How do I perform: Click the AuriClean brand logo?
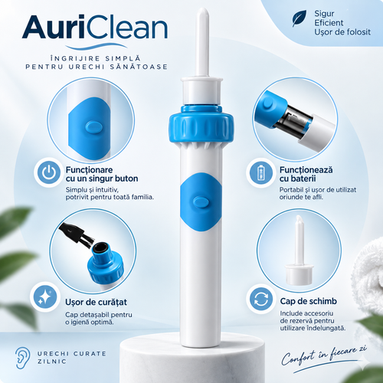click(x=95, y=28)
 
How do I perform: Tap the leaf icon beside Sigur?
click(x=300, y=18)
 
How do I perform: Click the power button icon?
click(x=48, y=172)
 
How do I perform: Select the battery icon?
click(x=260, y=172)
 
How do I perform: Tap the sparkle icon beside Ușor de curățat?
click(x=44, y=296)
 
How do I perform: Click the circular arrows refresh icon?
click(x=261, y=300)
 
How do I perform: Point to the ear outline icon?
click(x=22, y=358)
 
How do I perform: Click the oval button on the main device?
click(x=201, y=201)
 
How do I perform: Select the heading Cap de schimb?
click(x=309, y=301)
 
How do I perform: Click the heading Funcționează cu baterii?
click(x=306, y=174)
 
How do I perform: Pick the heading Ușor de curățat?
click(x=96, y=302)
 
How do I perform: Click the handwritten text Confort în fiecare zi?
click(x=324, y=355)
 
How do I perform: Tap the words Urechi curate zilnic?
click(x=72, y=358)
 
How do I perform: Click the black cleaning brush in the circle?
click(x=77, y=234)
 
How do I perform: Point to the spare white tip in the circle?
click(x=300, y=250)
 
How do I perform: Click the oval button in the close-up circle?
click(x=94, y=127)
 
